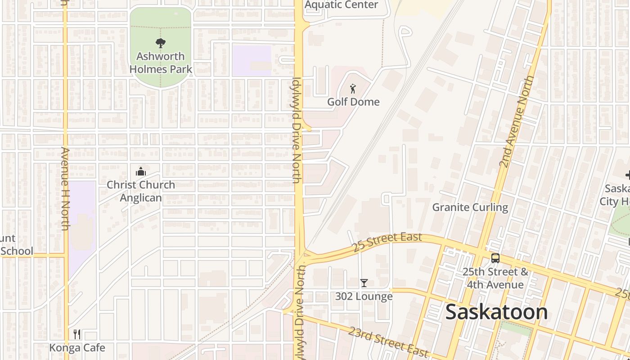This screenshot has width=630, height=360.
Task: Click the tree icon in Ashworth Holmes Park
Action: tap(160, 43)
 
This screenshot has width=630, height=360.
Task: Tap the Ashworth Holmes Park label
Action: tap(161, 63)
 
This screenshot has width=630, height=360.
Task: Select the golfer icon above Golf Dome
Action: tap(353, 89)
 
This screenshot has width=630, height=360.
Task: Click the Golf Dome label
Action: tap(353, 102)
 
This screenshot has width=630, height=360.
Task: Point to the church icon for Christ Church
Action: tap(141, 171)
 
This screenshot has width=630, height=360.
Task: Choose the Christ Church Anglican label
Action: tap(141, 191)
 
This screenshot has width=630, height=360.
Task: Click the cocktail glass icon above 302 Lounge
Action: tap(364, 283)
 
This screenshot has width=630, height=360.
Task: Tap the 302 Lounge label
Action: tap(364, 296)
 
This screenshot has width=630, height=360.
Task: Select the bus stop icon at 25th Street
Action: tap(495, 258)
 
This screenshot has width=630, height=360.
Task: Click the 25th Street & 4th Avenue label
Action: tap(495, 278)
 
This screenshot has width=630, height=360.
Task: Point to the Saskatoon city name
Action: tap(496, 312)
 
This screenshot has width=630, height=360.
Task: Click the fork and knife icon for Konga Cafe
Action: tap(77, 334)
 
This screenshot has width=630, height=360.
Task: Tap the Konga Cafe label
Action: tap(77, 347)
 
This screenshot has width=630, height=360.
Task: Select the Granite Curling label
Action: tap(470, 207)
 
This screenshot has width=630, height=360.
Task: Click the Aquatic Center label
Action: tap(342, 5)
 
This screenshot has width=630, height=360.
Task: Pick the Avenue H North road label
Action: tap(65, 189)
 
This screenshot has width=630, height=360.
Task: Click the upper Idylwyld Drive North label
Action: tap(296, 130)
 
